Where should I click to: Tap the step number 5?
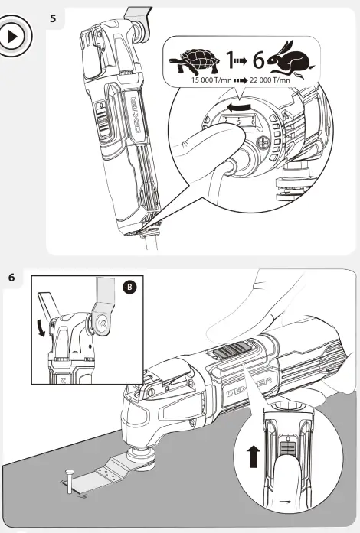coord(53,18)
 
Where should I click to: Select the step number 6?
coord(11,278)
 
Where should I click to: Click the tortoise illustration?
coord(195,61)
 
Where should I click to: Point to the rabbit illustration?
coord(291,59)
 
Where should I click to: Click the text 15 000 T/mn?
coord(211,80)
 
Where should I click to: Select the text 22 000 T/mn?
coord(270,80)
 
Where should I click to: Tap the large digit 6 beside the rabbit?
coord(258,60)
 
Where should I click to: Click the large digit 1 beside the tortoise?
coord(231,60)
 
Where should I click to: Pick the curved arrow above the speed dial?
coord(240,108)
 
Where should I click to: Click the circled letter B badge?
coord(129,288)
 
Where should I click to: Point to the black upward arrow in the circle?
coord(254,457)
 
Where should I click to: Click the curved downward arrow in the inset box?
coord(41,327)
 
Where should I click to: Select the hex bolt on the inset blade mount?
coord(102,322)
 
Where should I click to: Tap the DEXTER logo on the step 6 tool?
coord(250,388)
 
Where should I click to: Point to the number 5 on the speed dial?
coord(238,122)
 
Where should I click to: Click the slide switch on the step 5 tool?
coord(103,121)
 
